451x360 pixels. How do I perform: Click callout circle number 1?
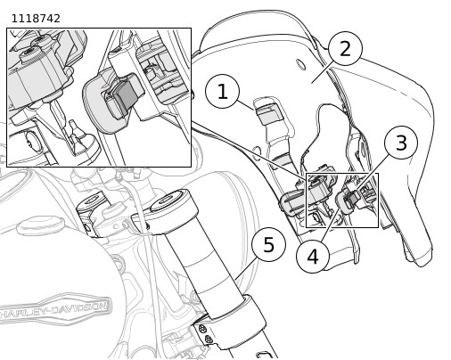pyautogui.click(x=222, y=91)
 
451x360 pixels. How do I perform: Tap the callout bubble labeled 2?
pyautogui.click(x=345, y=48)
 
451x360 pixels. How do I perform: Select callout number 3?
pyautogui.click(x=401, y=143)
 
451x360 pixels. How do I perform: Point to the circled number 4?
pyautogui.click(x=313, y=256)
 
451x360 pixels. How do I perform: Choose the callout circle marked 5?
pyautogui.click(x=268, y=245)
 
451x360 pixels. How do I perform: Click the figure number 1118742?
pyautogui.click(x=36, y=19)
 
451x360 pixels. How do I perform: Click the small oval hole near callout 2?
pyautogui.click(x=301, y=64)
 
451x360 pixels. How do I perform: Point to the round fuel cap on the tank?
pyautogui.click(x=40, y=225)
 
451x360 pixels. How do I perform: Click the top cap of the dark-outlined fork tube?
pyautogui.click(x=168, y=200)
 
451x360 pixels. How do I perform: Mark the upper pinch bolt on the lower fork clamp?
pyautogui.click(x=202, y=329)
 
